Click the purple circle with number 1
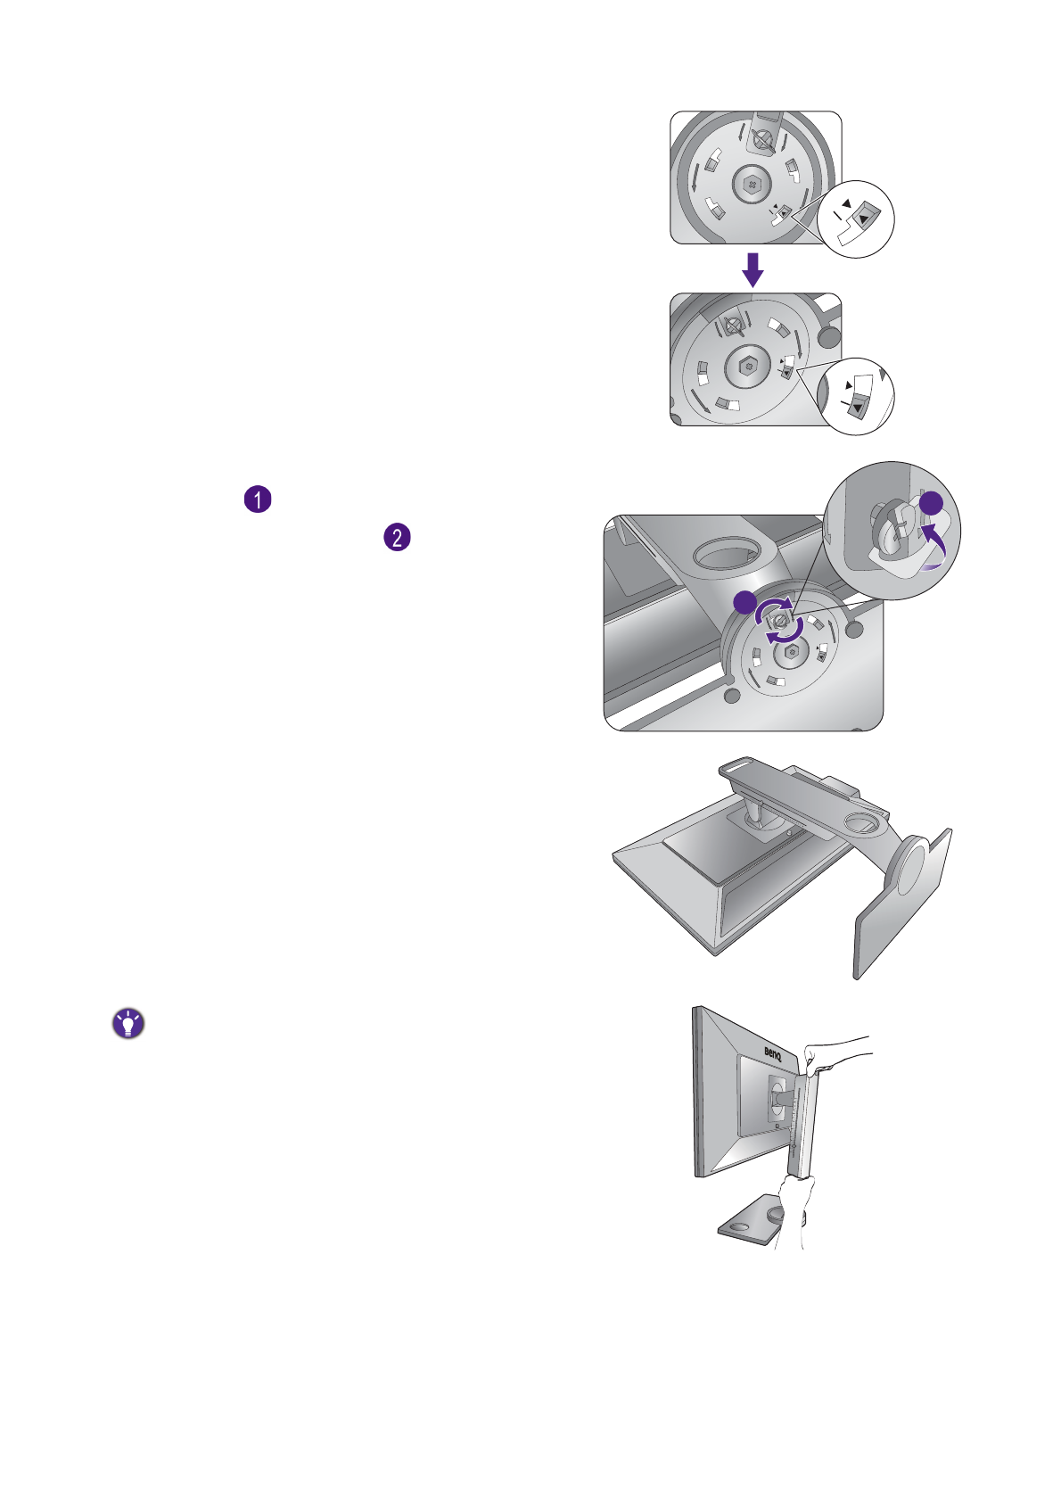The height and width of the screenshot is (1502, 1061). (258, 499)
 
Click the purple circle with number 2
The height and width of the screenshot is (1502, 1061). (397, 537)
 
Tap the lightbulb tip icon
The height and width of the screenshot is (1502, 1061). (128, 1024)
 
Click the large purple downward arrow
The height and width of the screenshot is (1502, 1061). (753, 268)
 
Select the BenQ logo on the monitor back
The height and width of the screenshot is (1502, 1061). (772, 1052)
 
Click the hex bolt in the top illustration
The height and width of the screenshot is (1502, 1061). (751, 186)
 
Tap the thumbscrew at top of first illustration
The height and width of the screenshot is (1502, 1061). (762, 137)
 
